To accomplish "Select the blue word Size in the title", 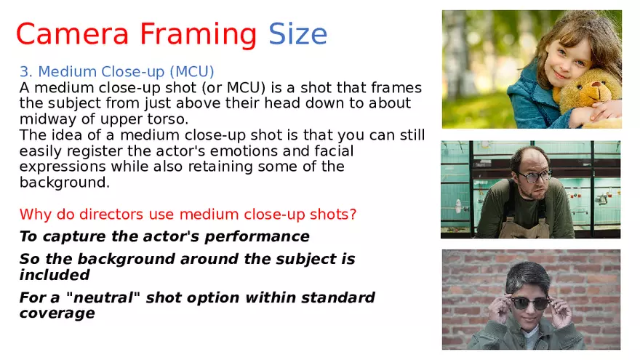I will coord(297,34).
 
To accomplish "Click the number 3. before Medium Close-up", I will coord(26,71).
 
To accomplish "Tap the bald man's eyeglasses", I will coord(534,176).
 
